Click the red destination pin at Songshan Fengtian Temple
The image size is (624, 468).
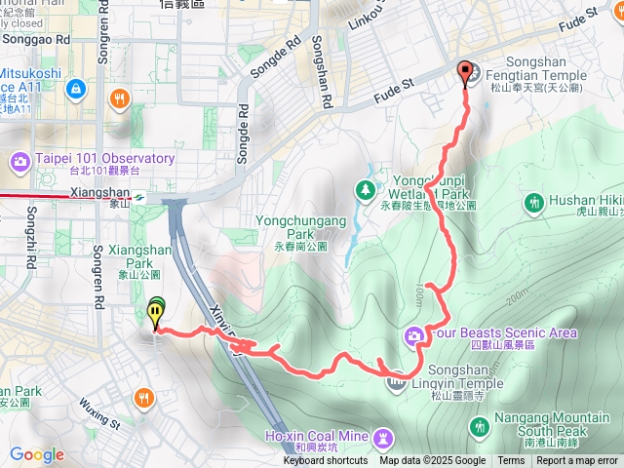(465, 71)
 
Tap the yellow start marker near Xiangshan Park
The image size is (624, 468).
(156, 313)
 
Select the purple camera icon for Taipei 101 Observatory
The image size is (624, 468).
(19, 160)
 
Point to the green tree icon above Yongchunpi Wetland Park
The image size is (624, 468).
(367, 188)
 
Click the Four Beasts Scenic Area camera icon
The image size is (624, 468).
(414, 337)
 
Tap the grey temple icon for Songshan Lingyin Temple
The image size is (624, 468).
(396, 381)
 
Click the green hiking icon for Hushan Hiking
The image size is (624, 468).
(533, 204)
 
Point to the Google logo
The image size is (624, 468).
(36, 454)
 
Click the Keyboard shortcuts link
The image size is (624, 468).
(326, 461)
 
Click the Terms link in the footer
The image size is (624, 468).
(511, 461)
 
